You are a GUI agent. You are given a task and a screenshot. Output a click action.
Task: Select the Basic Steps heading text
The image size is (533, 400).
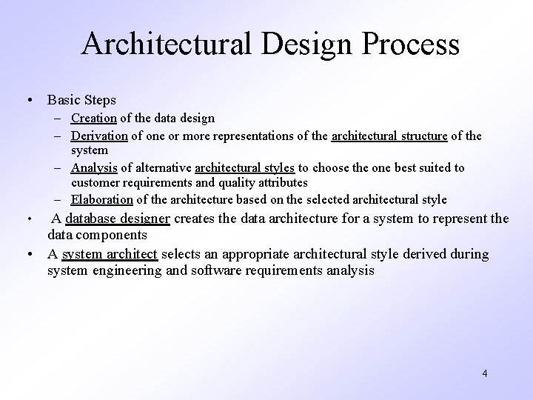coord(81,99)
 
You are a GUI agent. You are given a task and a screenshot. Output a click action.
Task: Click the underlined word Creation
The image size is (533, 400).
coord(94,118)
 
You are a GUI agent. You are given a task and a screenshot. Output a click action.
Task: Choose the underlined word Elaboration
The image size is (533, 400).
coord(102,199)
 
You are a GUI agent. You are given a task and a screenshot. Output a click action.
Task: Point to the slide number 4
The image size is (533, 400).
coord(484,373)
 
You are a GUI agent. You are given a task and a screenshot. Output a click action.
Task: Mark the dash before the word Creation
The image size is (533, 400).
coord(58,119)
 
